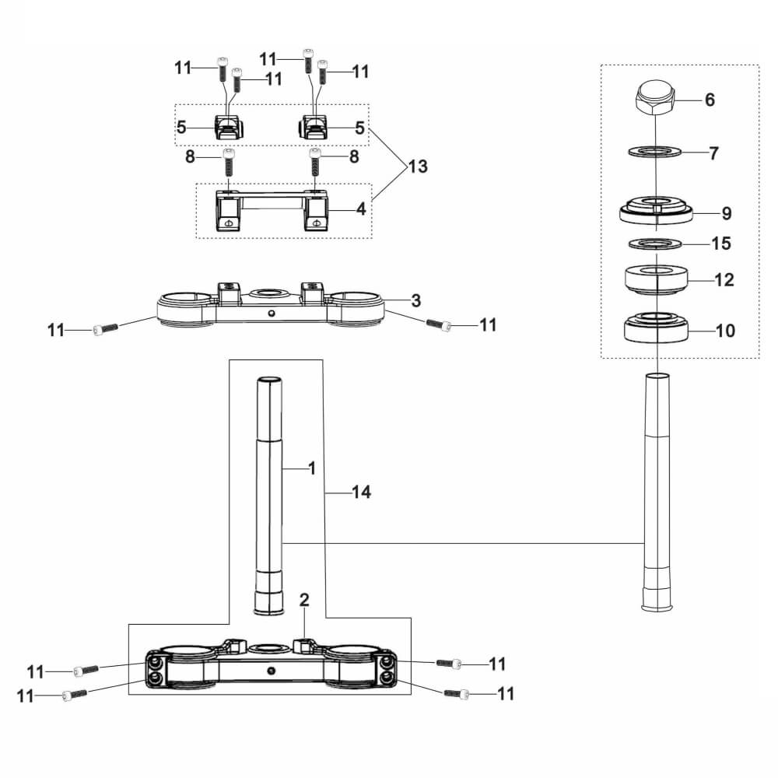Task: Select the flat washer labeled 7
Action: pos(654,151)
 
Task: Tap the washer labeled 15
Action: pos(655,244)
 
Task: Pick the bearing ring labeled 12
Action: pos(656,280)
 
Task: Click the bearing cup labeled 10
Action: pos(655,327)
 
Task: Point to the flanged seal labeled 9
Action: pos(655,211)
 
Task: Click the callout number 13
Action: pos(418,166)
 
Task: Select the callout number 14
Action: pos(361,492)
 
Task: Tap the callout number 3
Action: pos(415,300)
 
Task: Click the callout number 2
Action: pos(304,600)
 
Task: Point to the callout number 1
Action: pos(312,468)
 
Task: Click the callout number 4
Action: pos(361,209)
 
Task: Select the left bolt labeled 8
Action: pos(228,162)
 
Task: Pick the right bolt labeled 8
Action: pos(316,163)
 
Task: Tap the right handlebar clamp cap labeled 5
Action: pos(313,127)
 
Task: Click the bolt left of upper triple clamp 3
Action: pos(106,328)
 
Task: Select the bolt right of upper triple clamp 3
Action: pos(439,324)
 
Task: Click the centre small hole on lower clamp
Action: pos(271,671)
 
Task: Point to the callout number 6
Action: pos(710,100)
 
